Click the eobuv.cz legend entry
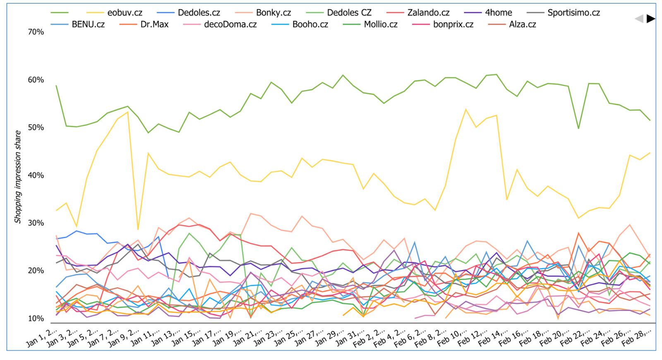[125, 13]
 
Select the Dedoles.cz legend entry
[199, 13]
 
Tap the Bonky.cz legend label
[273, 13]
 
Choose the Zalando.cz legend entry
[428, 13]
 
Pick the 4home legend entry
[498, 13]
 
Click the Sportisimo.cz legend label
[573, 13]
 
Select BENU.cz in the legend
[88, 24]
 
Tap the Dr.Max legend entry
[154, 24]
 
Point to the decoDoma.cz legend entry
[230, 24]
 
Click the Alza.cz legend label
[522, 24]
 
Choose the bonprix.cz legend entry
[453, 24]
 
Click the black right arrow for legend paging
[650, 19]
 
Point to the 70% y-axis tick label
[36, 32]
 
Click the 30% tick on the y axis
[36, 223]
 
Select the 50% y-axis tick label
[36, 127]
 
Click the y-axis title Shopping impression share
[18, 177]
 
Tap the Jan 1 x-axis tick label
[41, 338]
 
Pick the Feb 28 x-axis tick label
[637, 338]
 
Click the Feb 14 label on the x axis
[493, 338]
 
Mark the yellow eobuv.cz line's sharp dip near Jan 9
[138, 229]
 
